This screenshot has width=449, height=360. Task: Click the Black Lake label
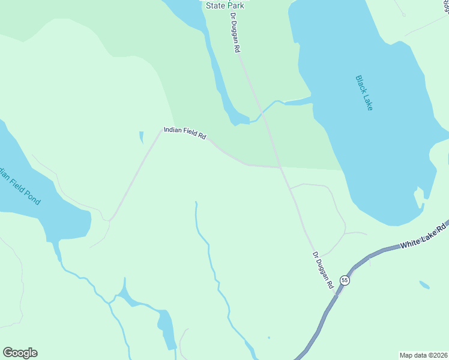pos(364,92)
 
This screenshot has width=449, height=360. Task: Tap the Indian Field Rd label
pos(185,133)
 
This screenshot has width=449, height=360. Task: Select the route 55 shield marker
pos(344,280)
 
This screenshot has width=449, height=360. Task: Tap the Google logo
pos(20,353)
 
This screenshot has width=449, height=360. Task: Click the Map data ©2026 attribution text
pos(423,355)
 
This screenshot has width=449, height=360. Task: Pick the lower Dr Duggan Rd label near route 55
pos(322,271)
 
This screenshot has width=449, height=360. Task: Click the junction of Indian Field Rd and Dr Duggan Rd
pos(280,167)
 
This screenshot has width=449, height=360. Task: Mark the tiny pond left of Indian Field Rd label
pos(142,137)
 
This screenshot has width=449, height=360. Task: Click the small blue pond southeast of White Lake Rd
pos(424,285)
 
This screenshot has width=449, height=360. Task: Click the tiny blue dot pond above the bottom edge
pos(268,337)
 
